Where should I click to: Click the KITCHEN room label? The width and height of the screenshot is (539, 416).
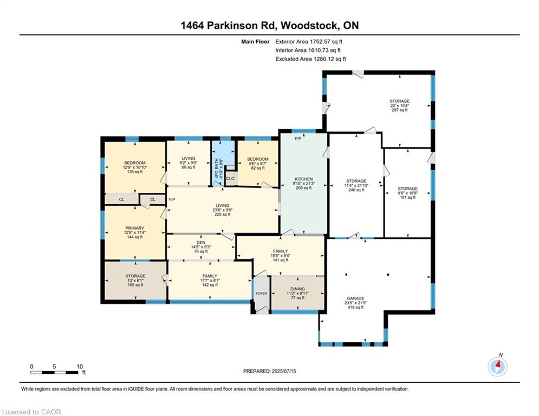tap(303, 179)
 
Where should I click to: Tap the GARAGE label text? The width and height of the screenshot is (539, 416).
tap(355, 298)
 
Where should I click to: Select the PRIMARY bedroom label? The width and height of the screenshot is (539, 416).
tap(134, 228)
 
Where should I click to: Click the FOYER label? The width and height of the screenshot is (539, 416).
tap(262, 293)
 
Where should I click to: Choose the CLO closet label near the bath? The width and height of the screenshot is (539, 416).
tap(230, 178)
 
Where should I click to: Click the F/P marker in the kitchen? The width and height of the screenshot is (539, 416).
tap(298, 139)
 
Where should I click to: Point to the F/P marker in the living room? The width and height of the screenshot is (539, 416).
tap(172, 200)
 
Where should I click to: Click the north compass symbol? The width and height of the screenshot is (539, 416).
tap(497, 366)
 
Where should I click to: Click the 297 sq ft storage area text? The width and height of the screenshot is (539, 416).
tap(399, 110)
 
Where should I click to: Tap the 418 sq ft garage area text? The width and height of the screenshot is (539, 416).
tap(355, 308)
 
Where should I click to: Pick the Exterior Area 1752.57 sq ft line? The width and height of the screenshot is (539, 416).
tap(309, 41)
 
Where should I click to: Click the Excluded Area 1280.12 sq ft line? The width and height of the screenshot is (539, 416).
tap(310, 59)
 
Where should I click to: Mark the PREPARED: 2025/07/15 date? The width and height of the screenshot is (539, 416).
tap(269, 371)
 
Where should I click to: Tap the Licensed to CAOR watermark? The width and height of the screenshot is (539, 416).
tap(31, 412)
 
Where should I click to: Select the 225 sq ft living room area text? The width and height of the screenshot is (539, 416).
tap(222, 214)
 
